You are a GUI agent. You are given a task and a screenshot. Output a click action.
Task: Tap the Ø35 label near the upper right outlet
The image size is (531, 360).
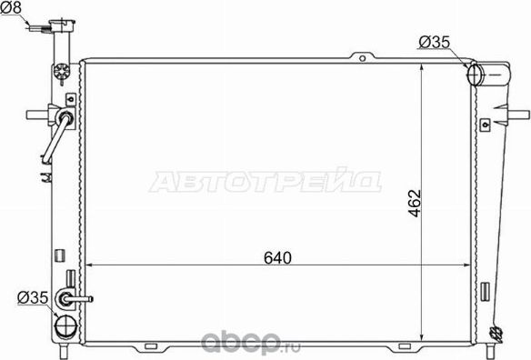coord(434,40)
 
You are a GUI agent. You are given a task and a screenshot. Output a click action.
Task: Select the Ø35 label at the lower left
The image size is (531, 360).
coord(30,295)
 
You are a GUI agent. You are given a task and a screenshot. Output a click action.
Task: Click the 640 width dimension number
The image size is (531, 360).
coord(278,257)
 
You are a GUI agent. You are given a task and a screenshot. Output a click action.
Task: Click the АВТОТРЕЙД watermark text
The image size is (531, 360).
coord(264,180)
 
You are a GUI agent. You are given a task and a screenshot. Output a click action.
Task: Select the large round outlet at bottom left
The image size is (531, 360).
coord(66,325)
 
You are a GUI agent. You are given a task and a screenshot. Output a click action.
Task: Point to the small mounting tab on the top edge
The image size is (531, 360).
coord(363,60)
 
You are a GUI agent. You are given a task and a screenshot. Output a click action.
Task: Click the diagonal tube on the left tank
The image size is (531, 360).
coord(54,142)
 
